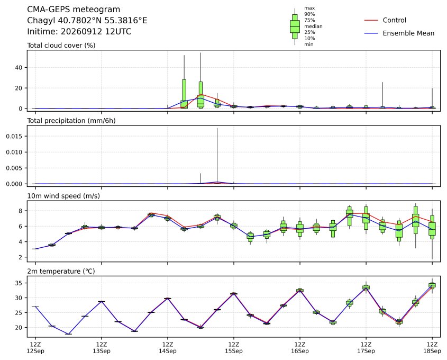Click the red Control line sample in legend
pyautogui.click(x=371, y=20)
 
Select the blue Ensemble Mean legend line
pyautogui.click(x=371, y=33)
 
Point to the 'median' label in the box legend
pyautogui.click(x=313, y=26)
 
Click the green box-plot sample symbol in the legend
pyautogui.click(x=295, y=26)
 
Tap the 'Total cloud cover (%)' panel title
pyautogui.click(x=61, y=46)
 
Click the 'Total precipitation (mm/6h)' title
pyautogui.click(x=71, y=121)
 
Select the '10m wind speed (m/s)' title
pyautogui.click(x=63, y=196)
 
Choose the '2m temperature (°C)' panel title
pyautogui.click(x=61, y=271)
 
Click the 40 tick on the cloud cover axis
pyautogui.click(x=19, y=68)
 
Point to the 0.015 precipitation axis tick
pyautogui.click(x=14, y=137)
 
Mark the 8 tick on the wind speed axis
pyautogui.click(x=21, y=211)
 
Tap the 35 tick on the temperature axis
pyautogui.click(x=19, y=283)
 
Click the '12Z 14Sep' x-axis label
pyautogui.click(x=168, y=348)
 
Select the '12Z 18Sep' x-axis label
pyautogui.click(x=432, y=348)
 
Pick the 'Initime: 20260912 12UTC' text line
pyautogui.click(x=79, y=31)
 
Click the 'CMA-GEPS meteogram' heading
pyautogui.click(x=74, y=10)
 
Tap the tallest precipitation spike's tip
pyautogui.click(x=217, y=128)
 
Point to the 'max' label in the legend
pyautogui.click(x=309, y=8)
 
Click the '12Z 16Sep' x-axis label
pyautogui.click(x=300, y=348)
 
